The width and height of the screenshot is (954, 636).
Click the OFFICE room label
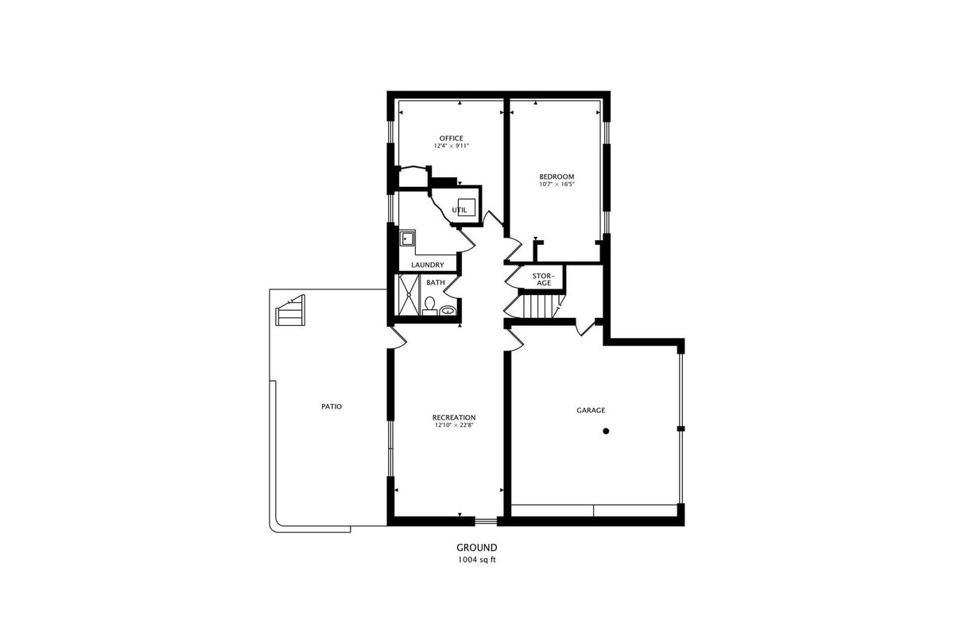click(451, 138)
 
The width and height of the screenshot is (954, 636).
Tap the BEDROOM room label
click(556, 176)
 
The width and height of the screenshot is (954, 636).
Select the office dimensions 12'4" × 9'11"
click(452, 145)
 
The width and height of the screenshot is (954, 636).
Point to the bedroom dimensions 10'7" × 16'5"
click(556, 184)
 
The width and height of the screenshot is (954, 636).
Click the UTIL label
click(460, 210)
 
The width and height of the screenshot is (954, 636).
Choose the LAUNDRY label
click(428, 265)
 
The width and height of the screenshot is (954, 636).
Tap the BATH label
click(436, 282)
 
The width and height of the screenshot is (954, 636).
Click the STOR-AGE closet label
click(544, 280)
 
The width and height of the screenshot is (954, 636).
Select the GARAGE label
click(591, 410)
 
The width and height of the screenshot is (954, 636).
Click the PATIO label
click(332, 406)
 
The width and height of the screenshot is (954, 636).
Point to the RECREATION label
click(454, 417)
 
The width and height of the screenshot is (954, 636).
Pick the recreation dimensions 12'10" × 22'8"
click(454, 425)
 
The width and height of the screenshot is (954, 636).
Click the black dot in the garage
click(606, 431)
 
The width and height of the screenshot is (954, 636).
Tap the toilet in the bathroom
click(429, 306)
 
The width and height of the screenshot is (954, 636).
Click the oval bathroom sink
click(447, 311)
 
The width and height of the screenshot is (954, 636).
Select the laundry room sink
click(407, 238)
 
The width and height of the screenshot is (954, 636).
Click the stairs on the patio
click(290, 311)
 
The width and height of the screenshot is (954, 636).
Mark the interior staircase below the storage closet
click(540, 306)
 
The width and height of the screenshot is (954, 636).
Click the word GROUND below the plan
click(476, 548)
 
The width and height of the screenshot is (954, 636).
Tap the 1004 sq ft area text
click(476, 560)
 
